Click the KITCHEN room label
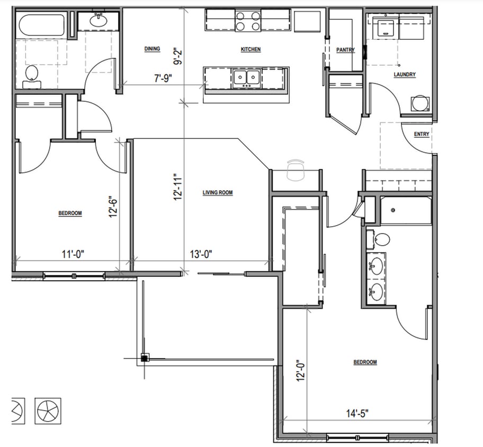[251, 49]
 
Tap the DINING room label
[152, 49]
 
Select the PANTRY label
[345, 50]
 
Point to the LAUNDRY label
[405, 75]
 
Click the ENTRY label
[422, 134]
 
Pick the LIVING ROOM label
[218, 193]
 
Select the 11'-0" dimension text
[73, 254]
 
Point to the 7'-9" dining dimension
[163, 78]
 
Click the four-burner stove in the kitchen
[248, 21]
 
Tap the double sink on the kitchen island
[246, 79]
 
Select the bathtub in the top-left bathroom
[41, 25]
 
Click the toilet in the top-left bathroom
[32, 74]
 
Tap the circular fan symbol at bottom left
[48, 410]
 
